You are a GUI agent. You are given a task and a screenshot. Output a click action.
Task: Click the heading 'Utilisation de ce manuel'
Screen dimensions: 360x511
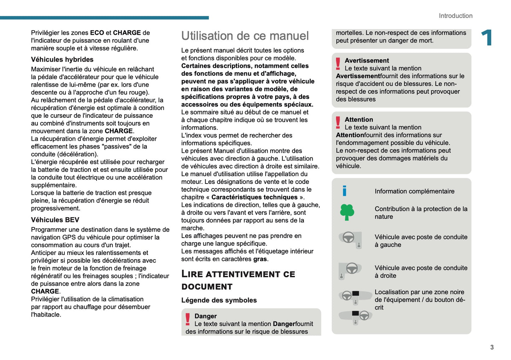[245, 36]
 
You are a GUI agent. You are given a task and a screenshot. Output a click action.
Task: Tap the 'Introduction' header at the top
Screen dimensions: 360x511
[455, 16]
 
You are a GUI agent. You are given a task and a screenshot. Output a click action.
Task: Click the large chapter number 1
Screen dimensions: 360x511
[487, 37]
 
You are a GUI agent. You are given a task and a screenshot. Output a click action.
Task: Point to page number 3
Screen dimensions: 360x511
[492, 347]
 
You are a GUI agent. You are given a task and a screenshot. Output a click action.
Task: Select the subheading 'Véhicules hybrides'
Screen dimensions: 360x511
[62, 59]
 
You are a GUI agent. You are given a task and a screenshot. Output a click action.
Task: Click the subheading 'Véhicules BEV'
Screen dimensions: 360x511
[55, 220]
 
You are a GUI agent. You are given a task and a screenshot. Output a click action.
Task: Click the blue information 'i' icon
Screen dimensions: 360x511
[344, 191]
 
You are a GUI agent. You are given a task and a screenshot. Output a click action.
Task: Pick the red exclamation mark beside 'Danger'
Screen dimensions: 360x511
[188, 319]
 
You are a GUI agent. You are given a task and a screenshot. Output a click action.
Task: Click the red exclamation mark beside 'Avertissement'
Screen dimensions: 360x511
[338, 64]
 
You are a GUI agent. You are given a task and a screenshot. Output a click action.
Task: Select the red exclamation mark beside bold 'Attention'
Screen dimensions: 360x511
[338, 123]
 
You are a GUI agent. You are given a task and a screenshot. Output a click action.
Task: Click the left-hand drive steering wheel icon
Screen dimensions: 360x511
[350, 239]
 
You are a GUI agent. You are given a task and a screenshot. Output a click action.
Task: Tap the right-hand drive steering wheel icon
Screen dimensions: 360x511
[350, 271]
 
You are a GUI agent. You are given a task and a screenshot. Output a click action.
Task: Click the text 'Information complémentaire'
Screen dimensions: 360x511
[414, 191]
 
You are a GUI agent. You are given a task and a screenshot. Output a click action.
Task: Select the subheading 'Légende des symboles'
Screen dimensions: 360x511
[219, 300]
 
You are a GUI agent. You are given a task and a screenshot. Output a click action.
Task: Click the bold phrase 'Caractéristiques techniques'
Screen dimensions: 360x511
[254, 197]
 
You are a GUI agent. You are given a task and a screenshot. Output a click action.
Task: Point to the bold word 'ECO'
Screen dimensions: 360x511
[97, 33]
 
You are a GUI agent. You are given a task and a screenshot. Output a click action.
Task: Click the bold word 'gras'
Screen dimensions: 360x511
[260, 259]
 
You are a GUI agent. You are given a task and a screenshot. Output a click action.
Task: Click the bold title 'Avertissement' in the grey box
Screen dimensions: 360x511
[367, 60]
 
